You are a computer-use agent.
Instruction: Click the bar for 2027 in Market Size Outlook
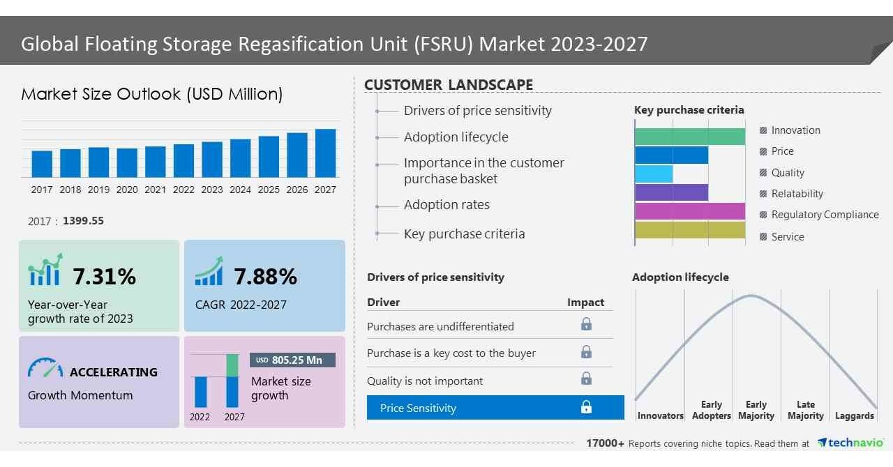click(325, 153)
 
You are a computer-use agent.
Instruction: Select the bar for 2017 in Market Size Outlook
click(42, 164)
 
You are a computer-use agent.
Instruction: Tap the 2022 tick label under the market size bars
click(183, 190)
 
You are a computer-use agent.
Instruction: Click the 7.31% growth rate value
click(104, 277)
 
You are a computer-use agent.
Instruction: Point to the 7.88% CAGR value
click(265, 277)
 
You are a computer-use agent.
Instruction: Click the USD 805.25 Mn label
click(292, 360)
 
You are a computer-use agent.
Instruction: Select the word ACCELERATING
click(114, 372)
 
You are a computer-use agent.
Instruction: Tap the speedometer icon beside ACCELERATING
click(45, 369)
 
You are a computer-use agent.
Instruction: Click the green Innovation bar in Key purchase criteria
click(689, 137)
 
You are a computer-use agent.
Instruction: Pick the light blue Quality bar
click(654, 174)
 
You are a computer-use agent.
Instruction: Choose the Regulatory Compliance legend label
click(825, 215)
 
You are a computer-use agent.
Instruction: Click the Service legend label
click(788, 237)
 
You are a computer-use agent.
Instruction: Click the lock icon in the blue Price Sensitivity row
click(586, 408)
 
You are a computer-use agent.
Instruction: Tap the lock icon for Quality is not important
click(586, 379)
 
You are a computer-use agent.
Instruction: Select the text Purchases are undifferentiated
click(440, 326)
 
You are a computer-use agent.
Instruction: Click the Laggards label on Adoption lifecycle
click(854, 416)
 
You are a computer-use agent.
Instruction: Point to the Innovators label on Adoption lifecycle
click(660, 416)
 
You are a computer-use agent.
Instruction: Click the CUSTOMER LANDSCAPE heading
click(449, 85)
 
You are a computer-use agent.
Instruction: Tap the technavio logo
click(850, 443)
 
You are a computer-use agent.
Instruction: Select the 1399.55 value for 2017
click(83, 221)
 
